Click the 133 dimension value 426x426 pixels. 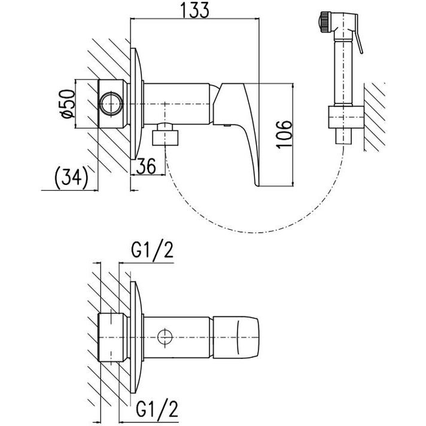coord(195,10)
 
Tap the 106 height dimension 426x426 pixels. coord(284,134)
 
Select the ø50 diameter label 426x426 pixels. coord(68,104)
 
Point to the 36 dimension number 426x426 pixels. coord(146,166)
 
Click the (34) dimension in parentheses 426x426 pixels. coord(71,178)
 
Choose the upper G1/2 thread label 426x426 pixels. coord(152,251)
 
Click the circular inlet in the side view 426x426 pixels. coord(111,104)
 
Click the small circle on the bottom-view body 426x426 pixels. coord(165,337)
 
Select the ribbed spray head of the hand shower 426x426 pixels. coord(325,22)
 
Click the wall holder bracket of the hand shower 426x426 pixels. coord(346,117)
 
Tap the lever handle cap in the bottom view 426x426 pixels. coord(236,337)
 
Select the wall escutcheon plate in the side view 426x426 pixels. coord(136,104)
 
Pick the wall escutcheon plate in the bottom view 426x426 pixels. coord(136,337)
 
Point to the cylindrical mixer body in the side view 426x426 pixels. coord(177,104)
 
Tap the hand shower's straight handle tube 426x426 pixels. coord(343,72)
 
